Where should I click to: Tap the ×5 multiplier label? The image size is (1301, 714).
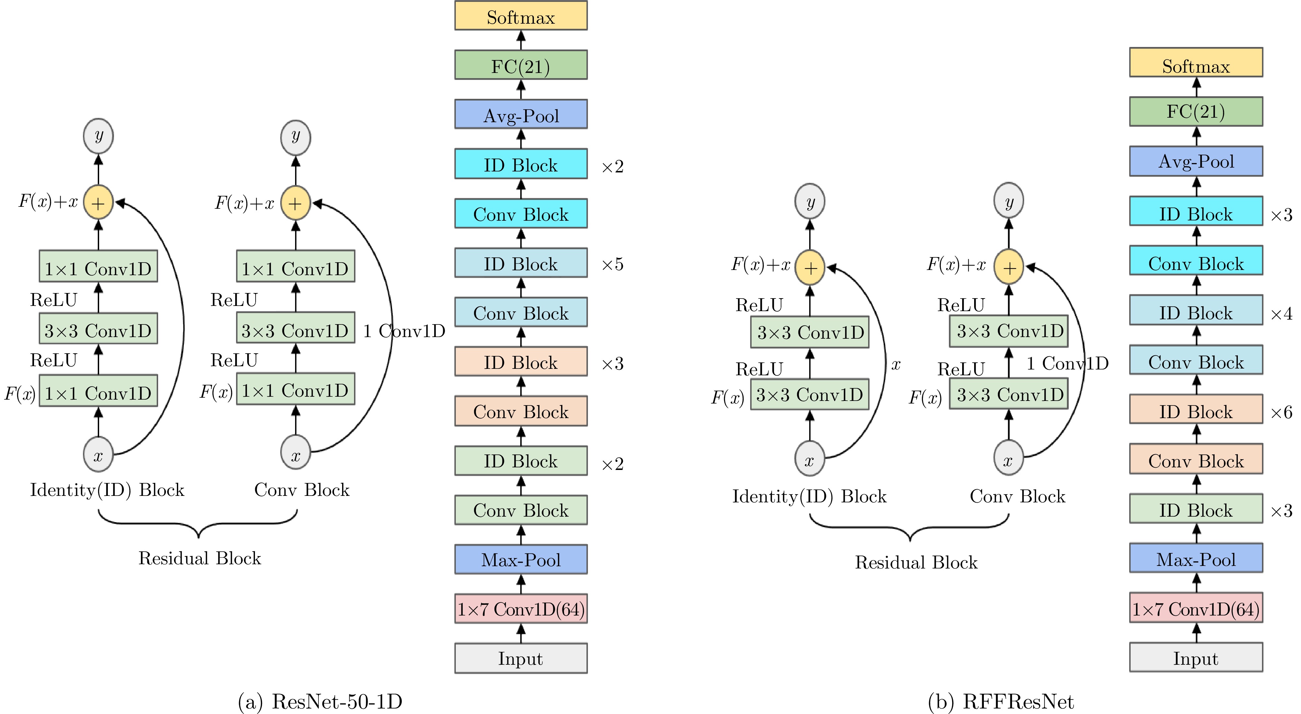(x=612, y=264)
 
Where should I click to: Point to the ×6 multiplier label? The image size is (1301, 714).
(x=1281, y=412)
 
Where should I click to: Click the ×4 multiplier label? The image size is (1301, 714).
(x=1281, y=314)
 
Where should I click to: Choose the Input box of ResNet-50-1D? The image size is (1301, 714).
(x=521, y=658)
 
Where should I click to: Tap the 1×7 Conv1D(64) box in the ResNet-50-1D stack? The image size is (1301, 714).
(x=521, y=609)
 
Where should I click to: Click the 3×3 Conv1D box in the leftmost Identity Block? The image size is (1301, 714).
(x=98, y=330)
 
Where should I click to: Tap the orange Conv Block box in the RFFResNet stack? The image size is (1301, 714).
(x=1195, y=460)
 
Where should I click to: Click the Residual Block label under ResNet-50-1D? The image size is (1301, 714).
(x=200, y=558)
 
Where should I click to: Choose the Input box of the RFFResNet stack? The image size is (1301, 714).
(x=1195, y=658)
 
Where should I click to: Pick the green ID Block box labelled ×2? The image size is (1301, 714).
(x=521, y=461)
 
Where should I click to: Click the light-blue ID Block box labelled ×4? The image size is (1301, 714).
(x=1195, y=312)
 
